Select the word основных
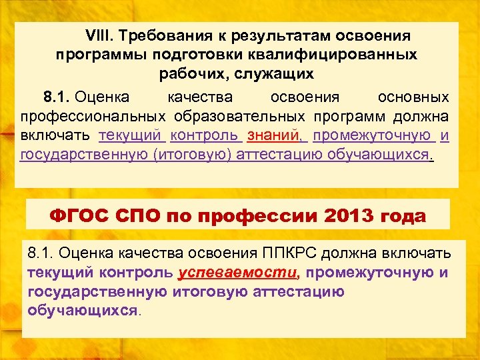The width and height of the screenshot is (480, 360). pos(413,97)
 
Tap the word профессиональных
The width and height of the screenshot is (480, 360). pos(91,117)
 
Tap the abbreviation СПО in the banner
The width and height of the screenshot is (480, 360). pos(141,216)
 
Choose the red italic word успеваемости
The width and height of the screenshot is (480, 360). pos(239,272)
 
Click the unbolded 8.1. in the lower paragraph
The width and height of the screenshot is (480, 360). pos(42,253)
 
